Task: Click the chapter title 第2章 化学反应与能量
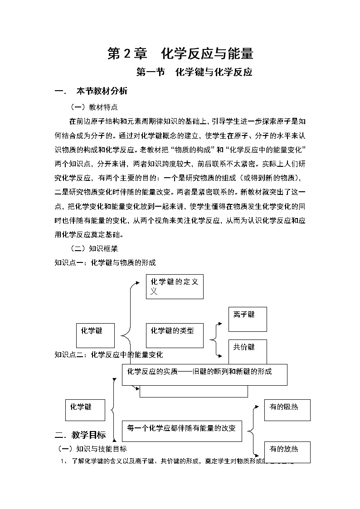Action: tap(180, 54)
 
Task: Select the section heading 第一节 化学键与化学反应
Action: tap(194, 72)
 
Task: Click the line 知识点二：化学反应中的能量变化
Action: tap(109, 354)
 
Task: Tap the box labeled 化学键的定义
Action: tap(175, 286)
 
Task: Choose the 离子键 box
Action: tap(248, 319)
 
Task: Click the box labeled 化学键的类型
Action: tap(175, 335)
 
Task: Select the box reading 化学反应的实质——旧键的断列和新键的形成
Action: tap(204, 374)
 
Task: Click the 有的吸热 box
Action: tap(287, 410)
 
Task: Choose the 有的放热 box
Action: tap(287, 452)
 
